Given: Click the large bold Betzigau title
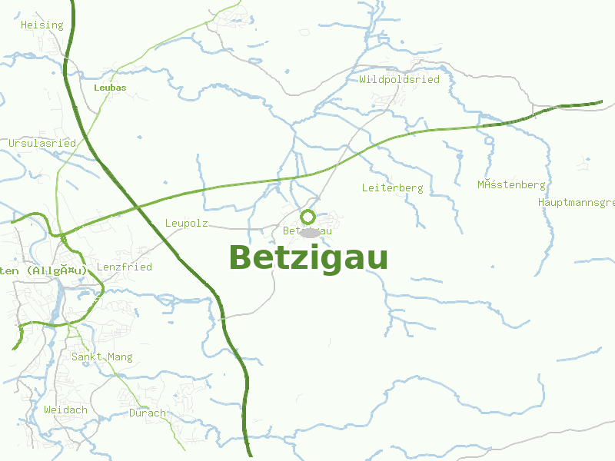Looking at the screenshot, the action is pos(308,258).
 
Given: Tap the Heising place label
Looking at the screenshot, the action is pos(42,25).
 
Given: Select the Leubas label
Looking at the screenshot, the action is pos(109,88).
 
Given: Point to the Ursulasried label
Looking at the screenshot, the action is pos(42,144).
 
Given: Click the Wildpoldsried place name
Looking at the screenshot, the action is pos(399,79).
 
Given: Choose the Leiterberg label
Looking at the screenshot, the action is pos(392,187).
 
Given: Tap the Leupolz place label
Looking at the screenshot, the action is pos(187,224).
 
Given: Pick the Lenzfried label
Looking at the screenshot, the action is pos(124,267).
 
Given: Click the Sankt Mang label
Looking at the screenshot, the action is pos(101,357).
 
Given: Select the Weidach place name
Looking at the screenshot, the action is pos(65,410).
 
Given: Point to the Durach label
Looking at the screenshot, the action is pos(147,413).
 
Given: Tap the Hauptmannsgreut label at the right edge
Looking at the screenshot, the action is pos(577,203).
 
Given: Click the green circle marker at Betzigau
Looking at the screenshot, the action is pos(308,217).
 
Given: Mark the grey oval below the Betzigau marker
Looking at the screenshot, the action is pos(309,232).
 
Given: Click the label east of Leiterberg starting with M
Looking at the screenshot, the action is pos(511,185).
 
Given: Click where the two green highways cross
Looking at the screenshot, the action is pos(136,206).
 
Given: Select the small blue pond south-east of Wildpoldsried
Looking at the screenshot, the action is pos(489,141).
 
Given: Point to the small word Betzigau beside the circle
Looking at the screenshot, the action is pos(307,230).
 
